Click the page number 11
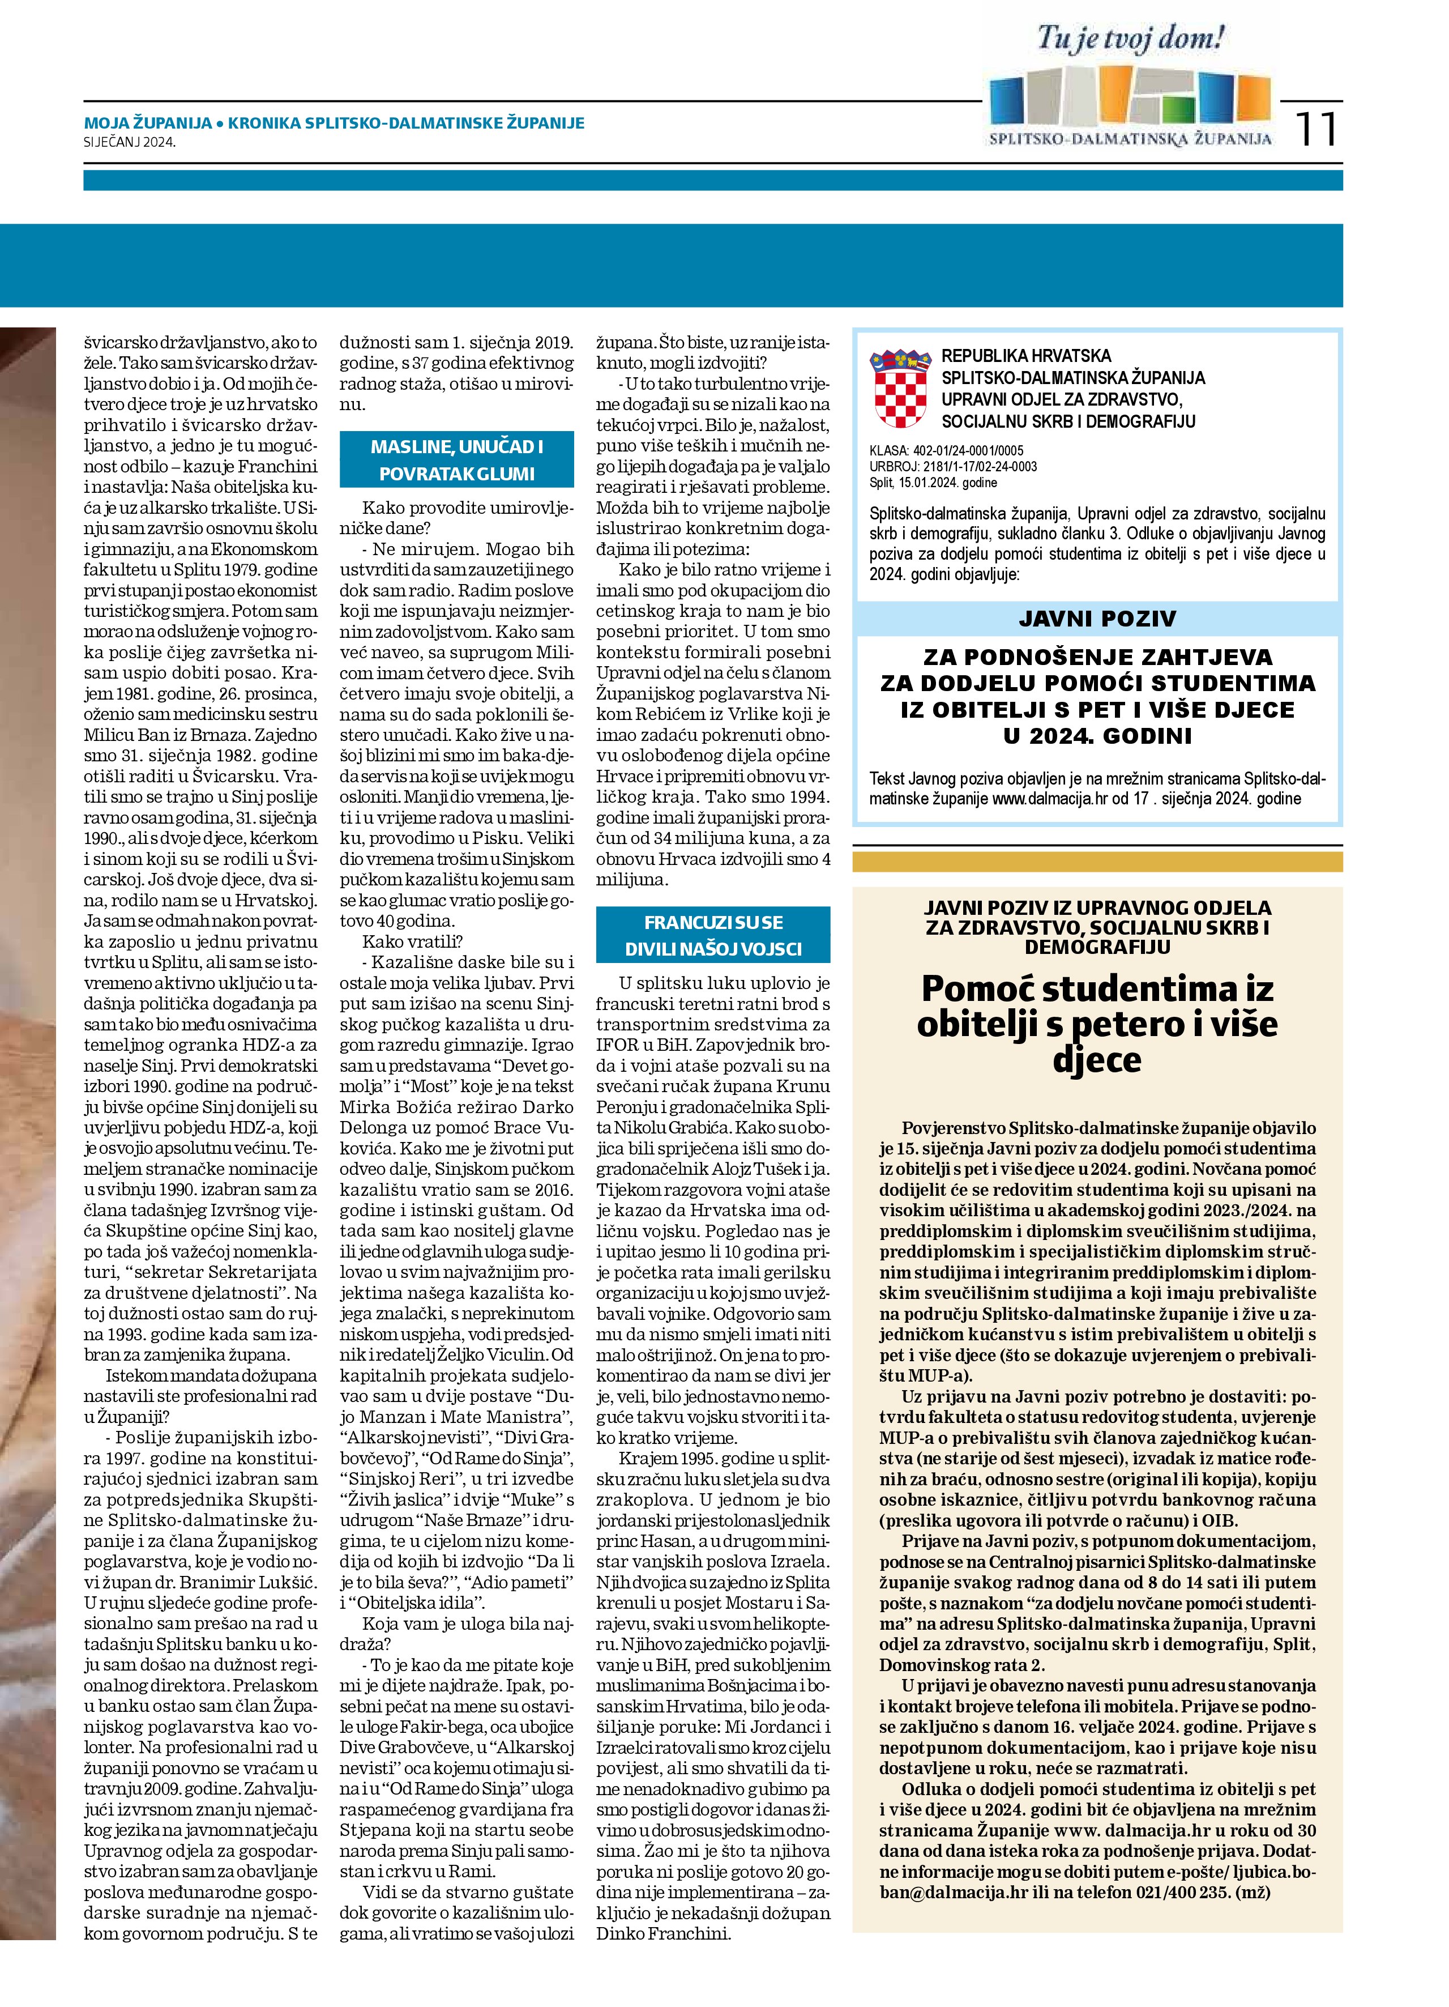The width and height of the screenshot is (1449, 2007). (1317, 130)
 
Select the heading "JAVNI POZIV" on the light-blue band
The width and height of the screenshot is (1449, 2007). (1097, 619)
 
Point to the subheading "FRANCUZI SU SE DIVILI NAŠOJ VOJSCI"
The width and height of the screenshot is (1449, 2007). (713, 935)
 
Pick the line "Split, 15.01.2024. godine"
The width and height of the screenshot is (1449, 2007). (933, 482)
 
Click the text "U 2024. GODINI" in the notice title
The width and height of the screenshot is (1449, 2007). (1097, 735)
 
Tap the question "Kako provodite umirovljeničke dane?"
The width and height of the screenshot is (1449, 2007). (456, 518)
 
